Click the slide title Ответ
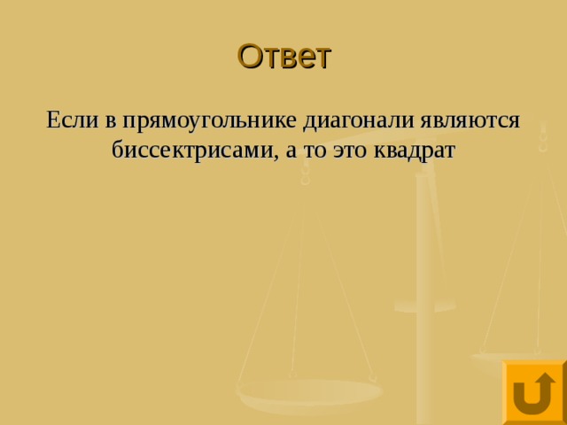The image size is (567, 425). click(x=283, y=56)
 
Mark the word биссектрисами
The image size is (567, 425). click(x=193, y=151)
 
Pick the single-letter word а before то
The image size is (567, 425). click(x=291, y=151)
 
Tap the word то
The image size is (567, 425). click(x=313, y=151)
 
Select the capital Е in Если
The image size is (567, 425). click(x=53, y=120)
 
